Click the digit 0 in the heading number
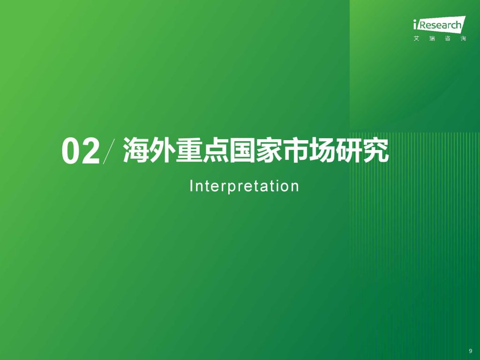(71, 151)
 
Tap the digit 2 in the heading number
(90, 151)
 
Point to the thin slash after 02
(109, 151)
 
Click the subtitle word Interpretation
(244, 186)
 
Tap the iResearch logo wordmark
(439, 24)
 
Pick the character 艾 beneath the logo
(416, 38)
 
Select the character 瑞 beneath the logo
(432, 38)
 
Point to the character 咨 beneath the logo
(448, 38)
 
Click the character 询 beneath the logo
(463, 38)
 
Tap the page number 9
(471, 351)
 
